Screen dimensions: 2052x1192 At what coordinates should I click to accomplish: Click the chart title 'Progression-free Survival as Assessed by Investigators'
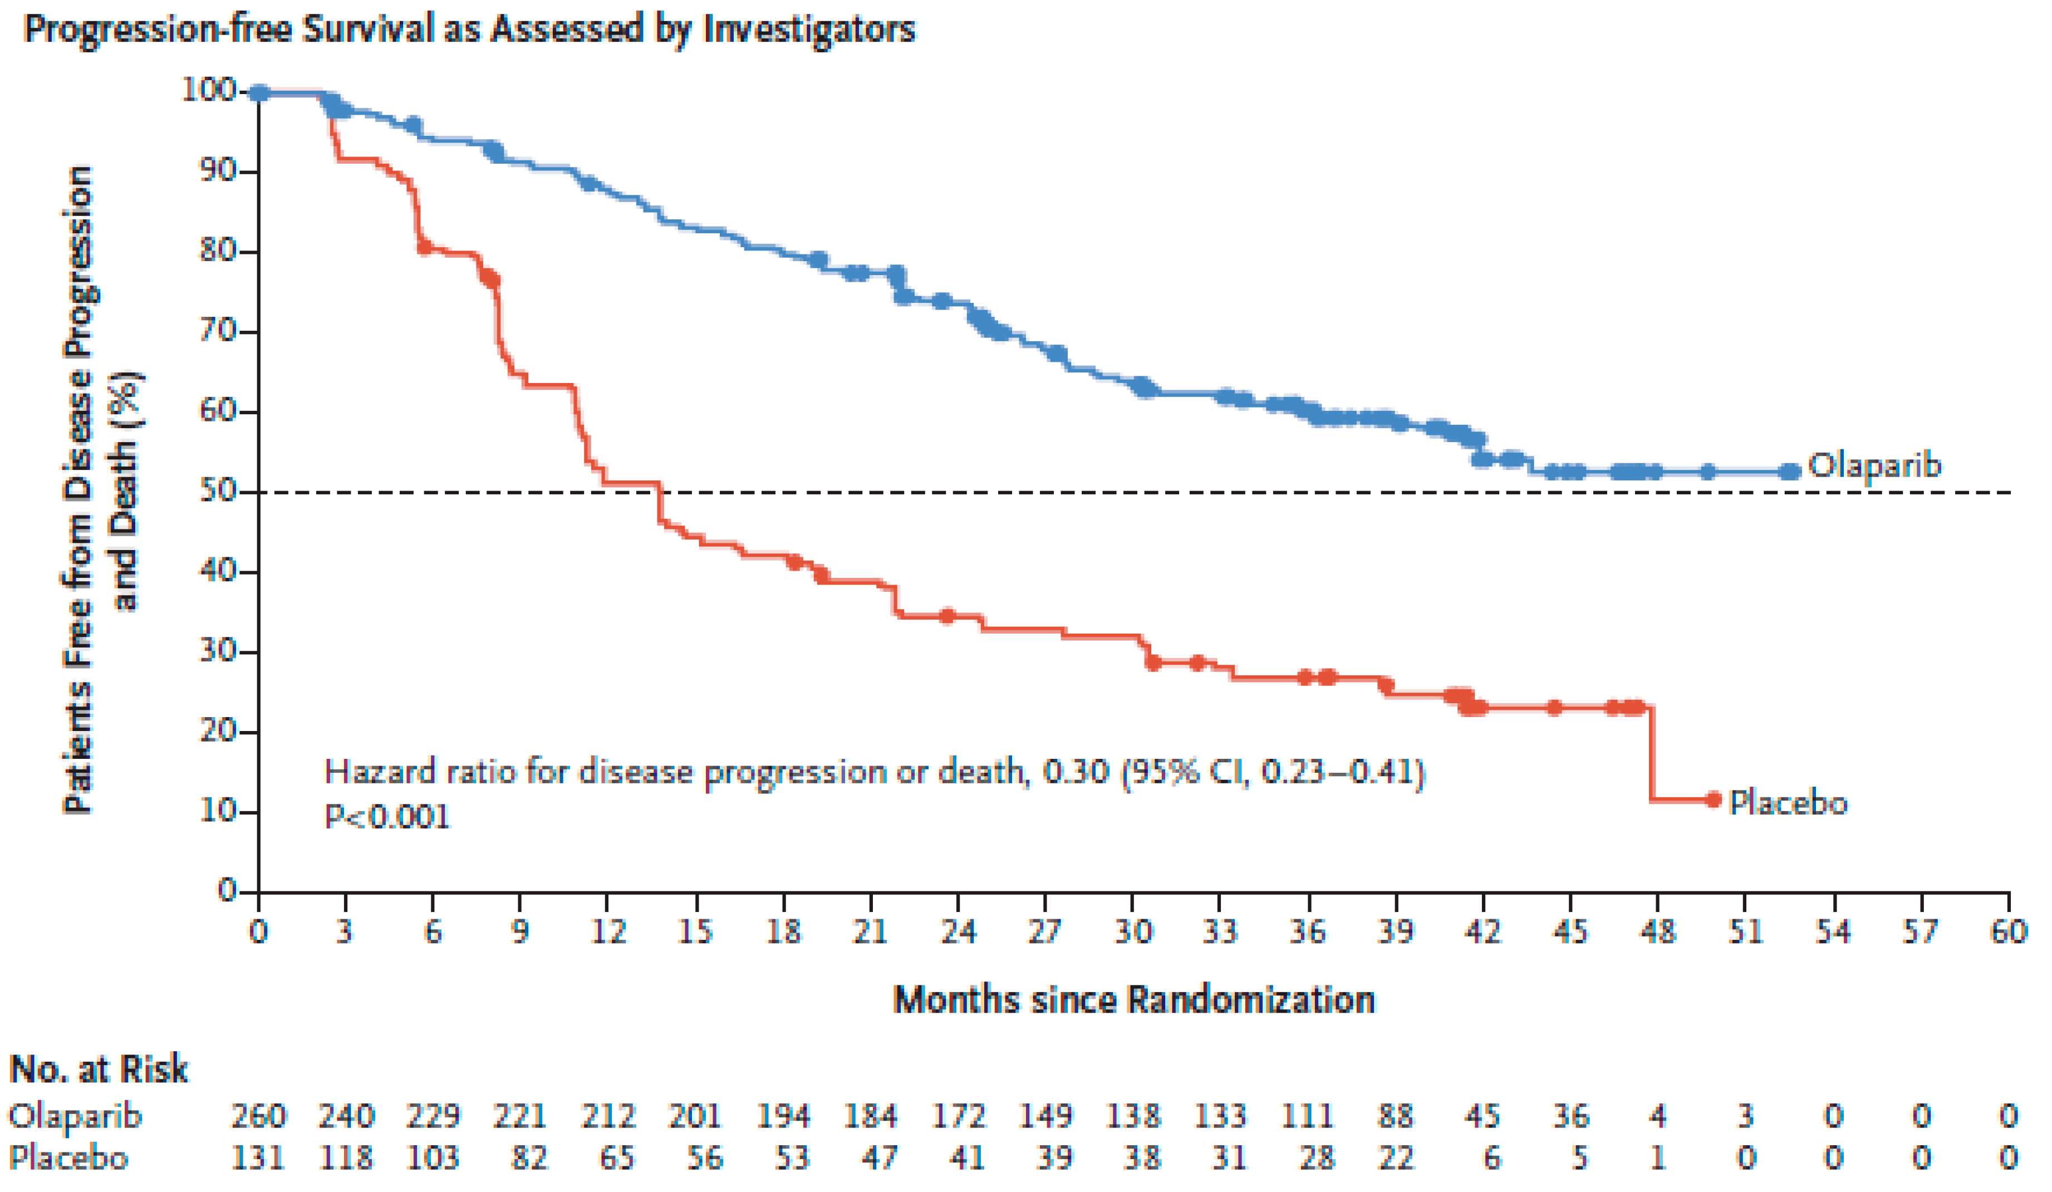tap(470, 30)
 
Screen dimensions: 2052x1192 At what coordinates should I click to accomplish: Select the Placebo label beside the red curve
tap(1788, 803)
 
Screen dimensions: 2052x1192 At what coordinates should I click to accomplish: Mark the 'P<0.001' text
tap(387, 817)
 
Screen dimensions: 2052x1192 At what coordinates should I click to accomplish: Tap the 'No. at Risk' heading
tap(99, 1069)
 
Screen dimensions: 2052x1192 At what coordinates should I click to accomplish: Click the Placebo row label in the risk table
tap(68, 1157)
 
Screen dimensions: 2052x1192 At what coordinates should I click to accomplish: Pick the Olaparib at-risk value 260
tap(259, 1116)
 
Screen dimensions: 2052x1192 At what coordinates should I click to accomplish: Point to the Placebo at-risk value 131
tap(259, 1157)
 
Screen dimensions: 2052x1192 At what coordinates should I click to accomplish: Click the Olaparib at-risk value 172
tap(959, 1116)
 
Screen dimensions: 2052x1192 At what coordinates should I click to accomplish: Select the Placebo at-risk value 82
tap(529, 1157)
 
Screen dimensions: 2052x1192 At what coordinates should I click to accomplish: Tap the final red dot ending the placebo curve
tap(1714, 799)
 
